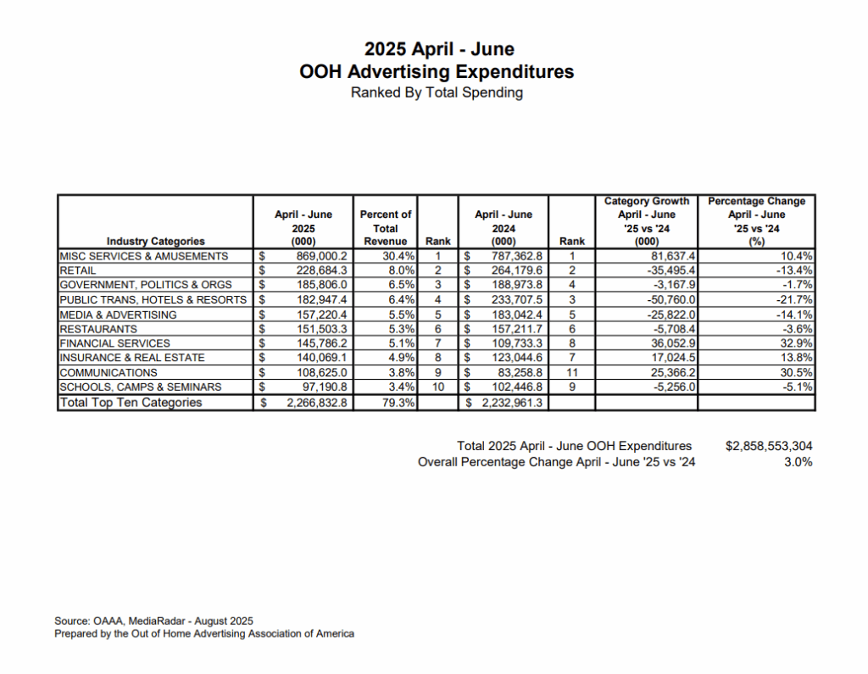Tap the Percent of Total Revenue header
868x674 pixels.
click(x=386, y=227)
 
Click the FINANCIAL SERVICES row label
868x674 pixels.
click(x=114, y=343)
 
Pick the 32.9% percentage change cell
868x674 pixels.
click(x=796, y=343)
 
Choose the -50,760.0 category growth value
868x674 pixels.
click(x=667, y=299)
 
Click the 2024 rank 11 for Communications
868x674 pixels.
click(x=572, y=372)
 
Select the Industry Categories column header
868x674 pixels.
click(x=156, y=241)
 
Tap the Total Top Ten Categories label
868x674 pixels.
click(x=131, y=403)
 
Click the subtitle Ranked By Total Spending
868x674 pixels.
click(x=437, y=92)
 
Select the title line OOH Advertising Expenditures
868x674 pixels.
click(x=437, y=71)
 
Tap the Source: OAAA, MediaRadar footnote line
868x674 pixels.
click(x=153, y=621)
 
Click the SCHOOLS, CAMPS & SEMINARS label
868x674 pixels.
click(x=140, y=387)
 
